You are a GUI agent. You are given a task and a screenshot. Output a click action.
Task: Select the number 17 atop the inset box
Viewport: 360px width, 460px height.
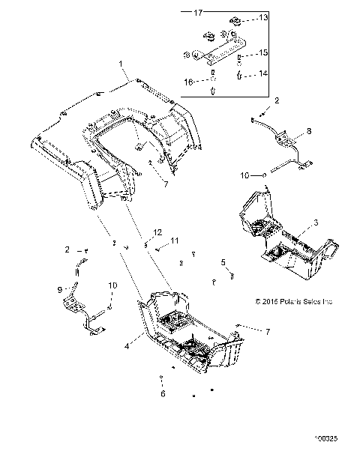point(199,13)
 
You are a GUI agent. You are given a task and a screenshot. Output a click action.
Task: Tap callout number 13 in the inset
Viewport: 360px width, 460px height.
point(262,16)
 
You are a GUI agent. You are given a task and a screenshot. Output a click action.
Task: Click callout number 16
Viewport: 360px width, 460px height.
point(190,80)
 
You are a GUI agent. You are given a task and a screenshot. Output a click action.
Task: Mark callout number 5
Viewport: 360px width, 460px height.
point(223,261)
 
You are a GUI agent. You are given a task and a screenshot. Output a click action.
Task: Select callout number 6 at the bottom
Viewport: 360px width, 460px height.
point(161,393)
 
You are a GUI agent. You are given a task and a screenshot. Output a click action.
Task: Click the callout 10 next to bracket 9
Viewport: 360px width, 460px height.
point(112,285)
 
